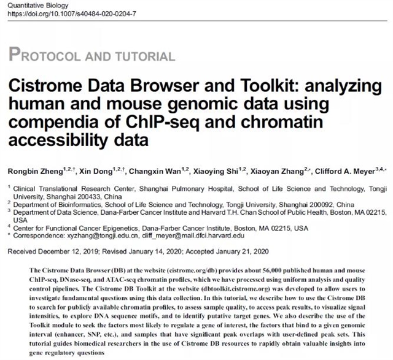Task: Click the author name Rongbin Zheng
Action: [x=34, y=155]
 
